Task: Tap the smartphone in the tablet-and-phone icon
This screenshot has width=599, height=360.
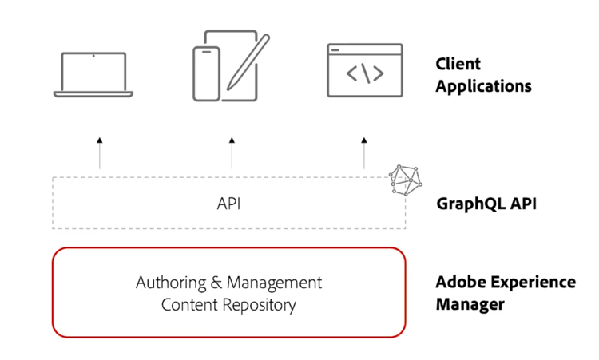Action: point(206,74)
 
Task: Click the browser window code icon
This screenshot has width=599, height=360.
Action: point(364,71)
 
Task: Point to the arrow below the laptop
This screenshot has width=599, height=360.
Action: point(100,152)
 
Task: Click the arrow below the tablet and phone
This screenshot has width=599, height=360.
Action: point(232,152)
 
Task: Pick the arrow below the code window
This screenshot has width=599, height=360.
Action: point(364,152)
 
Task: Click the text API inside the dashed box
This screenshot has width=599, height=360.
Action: point(228,204)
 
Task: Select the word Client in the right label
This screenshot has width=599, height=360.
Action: point(458,64)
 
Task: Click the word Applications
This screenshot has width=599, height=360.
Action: point(483,85)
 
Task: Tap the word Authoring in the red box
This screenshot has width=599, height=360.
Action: point(170,283)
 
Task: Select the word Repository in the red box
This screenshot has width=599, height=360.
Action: point(255,304)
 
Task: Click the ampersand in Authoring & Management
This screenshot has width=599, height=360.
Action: point(216,283)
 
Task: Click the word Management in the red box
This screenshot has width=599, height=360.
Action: point(275,283)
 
